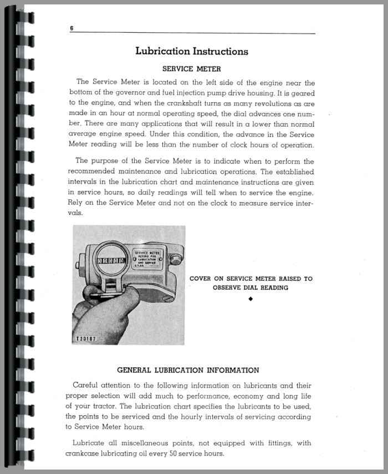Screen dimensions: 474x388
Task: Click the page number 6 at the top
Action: tap(72, 28)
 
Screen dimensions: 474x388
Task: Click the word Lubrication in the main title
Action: tap(162, 52)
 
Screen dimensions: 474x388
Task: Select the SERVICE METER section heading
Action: tap(191, 69)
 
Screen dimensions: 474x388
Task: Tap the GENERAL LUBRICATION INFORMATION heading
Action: tap(188, 370)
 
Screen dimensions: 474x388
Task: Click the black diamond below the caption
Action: tap(251, 299)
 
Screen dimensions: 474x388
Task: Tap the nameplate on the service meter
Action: tap(146, 258)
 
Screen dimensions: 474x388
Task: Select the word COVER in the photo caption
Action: tap(202, 279)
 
